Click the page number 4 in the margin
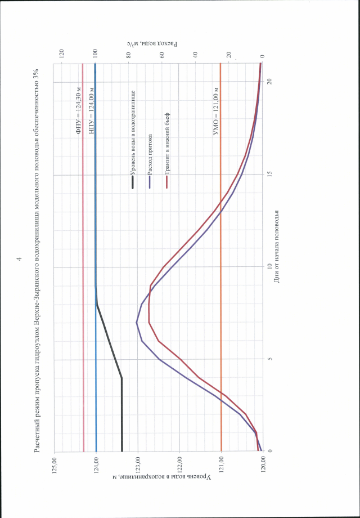pos(20,258)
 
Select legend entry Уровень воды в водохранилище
pos(133,130)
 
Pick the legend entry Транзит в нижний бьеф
pos(167,141)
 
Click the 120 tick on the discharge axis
pos(62,54)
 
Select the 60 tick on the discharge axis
pos(162,54)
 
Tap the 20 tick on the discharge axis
pos(229,54)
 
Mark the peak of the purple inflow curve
pos(137,323)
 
